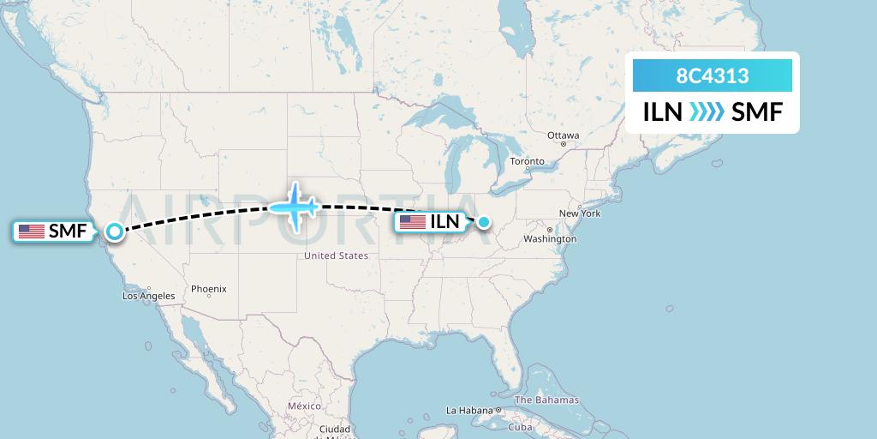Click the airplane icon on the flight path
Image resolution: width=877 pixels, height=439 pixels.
[294, 206]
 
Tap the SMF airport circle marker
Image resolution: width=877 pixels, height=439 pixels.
[114, 231]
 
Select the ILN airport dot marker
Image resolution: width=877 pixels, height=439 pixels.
[484, 222]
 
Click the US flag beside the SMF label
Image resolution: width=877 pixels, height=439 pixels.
[32, 231]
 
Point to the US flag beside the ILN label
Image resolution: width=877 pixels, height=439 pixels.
[412, 222]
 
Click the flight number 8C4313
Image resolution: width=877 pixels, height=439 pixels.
[713, 76]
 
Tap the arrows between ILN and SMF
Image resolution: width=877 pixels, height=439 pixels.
[707, 112]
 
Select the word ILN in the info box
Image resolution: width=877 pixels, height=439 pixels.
[663, 112]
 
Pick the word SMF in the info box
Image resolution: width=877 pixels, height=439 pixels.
[757, 112]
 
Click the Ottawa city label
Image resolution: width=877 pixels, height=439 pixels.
[564, 135]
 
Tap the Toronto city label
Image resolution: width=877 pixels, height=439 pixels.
[527, 161]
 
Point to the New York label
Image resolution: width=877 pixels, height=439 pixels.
[579, 213]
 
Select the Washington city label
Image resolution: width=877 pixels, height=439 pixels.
[552, 238]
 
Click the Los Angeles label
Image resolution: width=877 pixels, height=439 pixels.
[149, 296]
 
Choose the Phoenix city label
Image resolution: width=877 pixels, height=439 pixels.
[208, 289]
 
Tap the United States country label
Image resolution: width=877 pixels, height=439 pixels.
[337, 256]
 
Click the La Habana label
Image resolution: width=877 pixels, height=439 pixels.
[470, 410]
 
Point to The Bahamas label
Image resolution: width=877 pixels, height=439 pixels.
[546, 400]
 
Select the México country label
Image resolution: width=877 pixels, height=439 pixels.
[304, 406]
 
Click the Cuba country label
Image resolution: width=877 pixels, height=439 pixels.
[521, 427]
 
